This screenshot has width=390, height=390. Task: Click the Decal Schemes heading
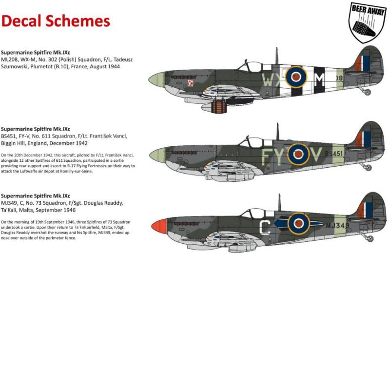[x=55, y=21]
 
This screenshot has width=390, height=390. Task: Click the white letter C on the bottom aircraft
[x=264, y=227]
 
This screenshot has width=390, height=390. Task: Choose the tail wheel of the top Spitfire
[x=368, y=92]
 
